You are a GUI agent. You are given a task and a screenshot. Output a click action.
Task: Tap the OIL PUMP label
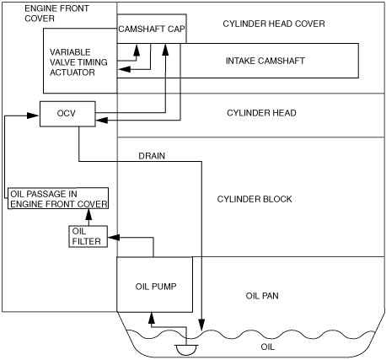[x=156, y=287]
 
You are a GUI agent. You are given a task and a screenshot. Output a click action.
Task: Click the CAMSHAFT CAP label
[x=152, y=29]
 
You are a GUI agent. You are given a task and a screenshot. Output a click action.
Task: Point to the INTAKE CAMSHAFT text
[x=265, y=61]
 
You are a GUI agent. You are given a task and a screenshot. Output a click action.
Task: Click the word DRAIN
[x=152, y=156]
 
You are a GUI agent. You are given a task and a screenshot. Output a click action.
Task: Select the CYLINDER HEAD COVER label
[x=274, y=24]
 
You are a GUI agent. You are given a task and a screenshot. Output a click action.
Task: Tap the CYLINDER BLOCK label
[x=255, y=199]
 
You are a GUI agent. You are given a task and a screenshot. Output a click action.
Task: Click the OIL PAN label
[x=262, y=296]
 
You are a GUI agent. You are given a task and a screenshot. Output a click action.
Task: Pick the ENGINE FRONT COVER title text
[x=56, y=13]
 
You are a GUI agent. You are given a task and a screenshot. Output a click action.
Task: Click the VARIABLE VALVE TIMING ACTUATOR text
[x=78, y=62]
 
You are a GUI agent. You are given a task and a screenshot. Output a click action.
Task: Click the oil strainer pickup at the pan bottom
[x=186, y=350]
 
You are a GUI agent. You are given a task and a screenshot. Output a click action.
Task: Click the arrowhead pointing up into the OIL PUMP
[x=152, y=317]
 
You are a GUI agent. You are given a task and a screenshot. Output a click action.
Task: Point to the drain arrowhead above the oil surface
[x=201, y=325]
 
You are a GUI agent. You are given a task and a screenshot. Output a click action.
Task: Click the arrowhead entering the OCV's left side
[x=33, y=116]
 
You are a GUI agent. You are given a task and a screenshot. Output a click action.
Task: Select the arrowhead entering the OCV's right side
[x=102, y=121]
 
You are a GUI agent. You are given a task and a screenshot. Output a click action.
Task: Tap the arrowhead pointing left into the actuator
[x=124, y=69]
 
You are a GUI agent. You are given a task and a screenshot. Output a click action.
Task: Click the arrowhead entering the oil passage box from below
[x=88, y=214]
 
